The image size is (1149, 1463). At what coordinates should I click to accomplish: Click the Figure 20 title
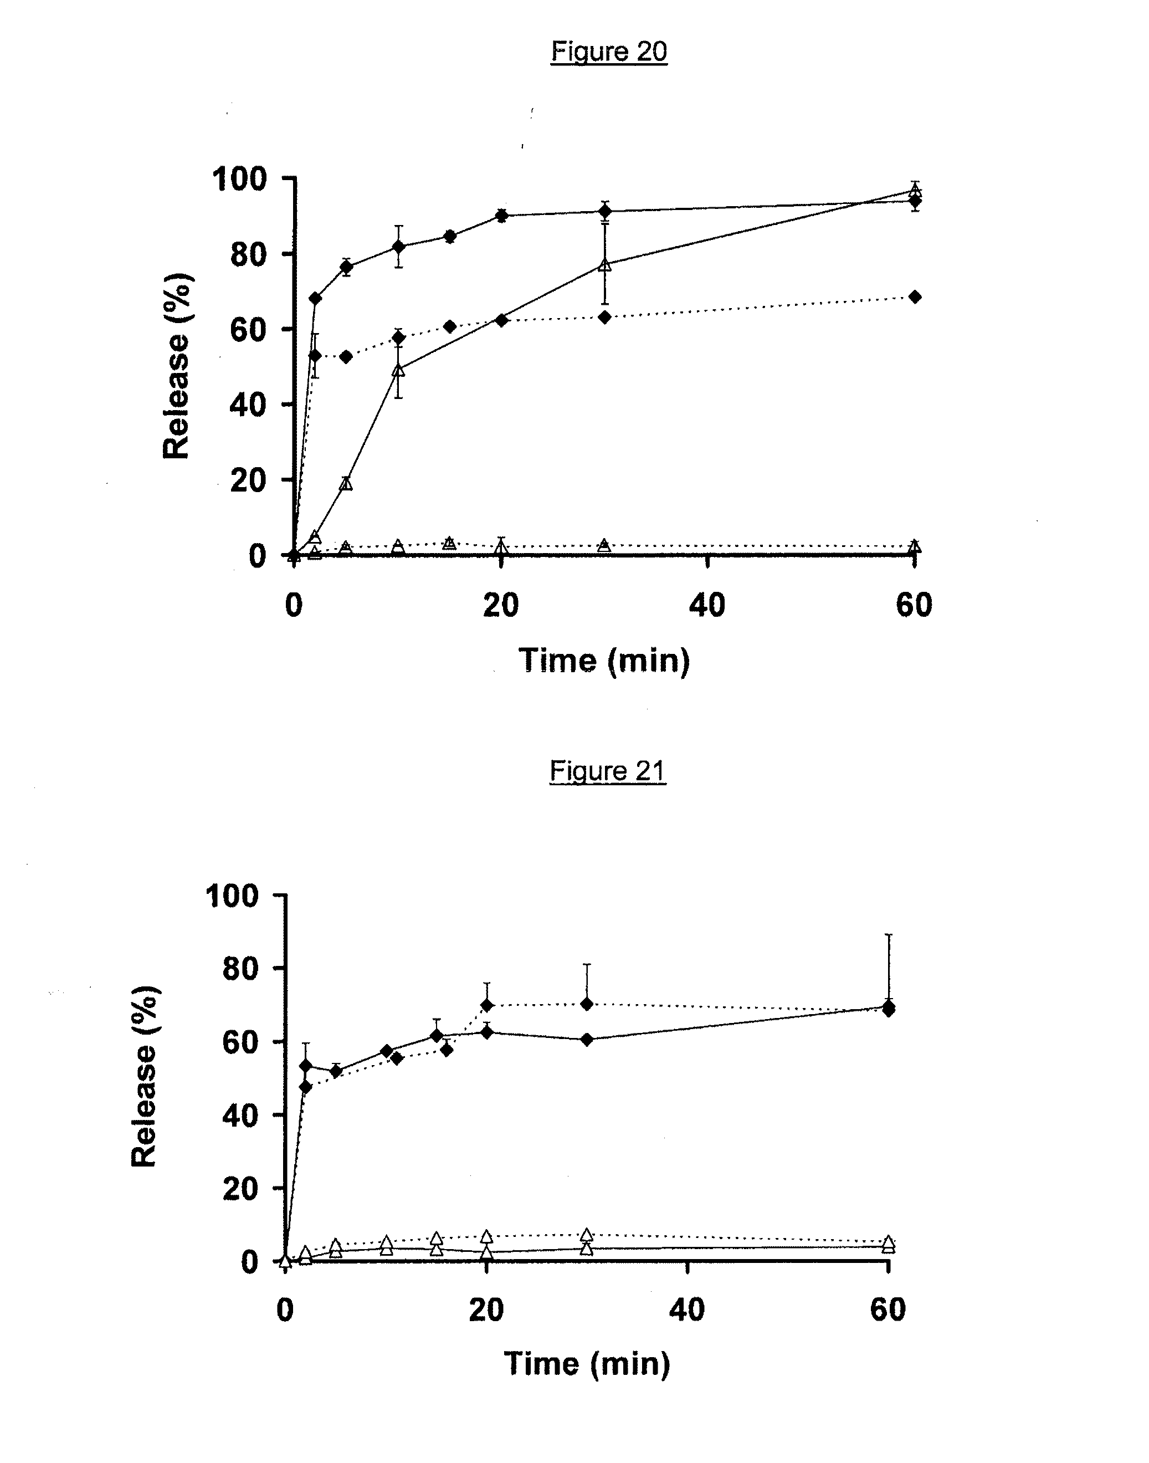[609, 51]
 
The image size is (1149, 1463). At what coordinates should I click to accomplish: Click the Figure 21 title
[607, 770]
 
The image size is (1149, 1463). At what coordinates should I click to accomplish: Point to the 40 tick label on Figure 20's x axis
[707, 606]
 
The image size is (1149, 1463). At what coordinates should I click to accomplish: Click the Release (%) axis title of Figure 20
[177, 366]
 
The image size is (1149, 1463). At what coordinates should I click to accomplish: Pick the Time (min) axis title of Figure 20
[604, 660]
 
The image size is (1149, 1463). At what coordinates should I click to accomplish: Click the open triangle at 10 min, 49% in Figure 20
[398, 370]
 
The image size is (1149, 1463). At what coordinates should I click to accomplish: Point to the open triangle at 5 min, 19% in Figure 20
[346, 483]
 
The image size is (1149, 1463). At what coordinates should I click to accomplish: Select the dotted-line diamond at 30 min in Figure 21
[587, 1004]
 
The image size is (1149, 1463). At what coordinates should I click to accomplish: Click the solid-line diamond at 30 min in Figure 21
[587, 1039]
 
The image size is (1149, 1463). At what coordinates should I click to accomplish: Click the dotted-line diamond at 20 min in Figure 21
[486, 1005]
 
